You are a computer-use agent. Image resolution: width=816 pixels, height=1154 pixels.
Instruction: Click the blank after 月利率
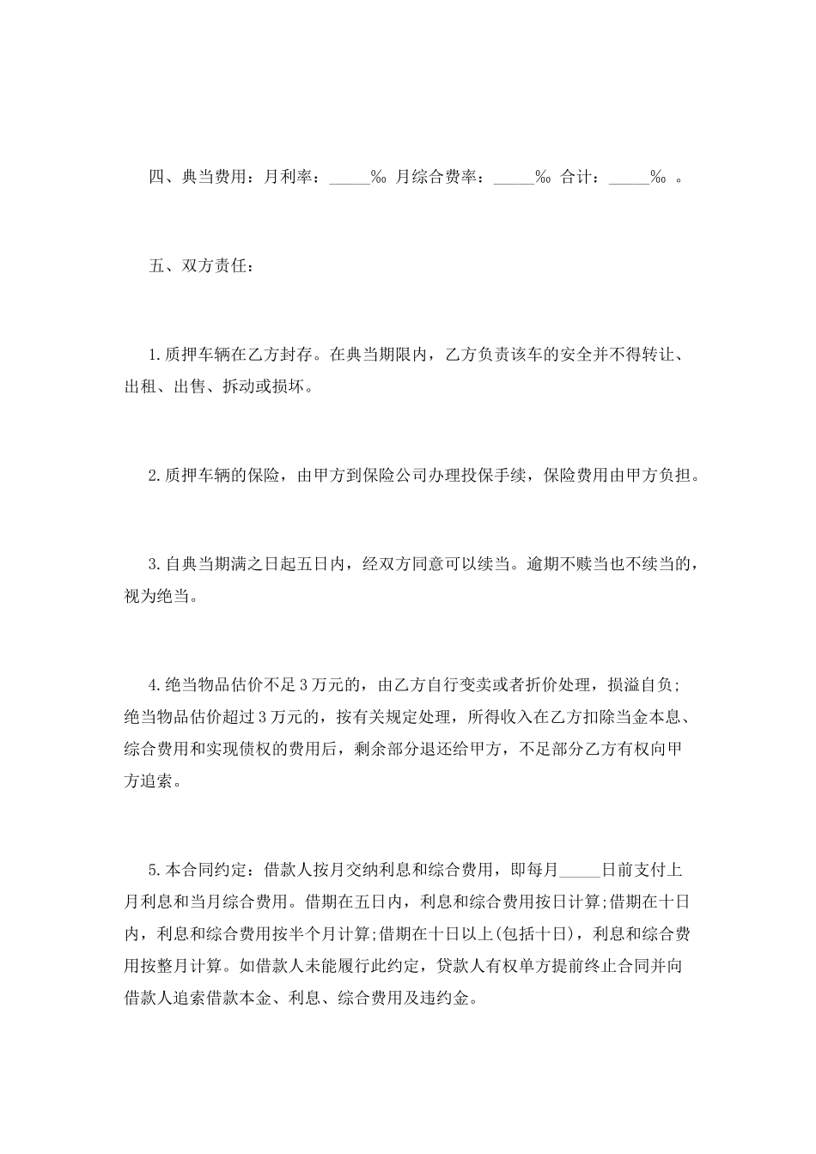pos(349,180)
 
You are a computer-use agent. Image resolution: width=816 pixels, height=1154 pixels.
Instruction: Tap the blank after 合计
pos(629,180)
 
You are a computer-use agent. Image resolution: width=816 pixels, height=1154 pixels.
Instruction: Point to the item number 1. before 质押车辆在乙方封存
pos(155,353)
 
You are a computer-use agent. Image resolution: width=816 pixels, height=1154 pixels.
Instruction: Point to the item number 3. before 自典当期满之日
pos(155,564)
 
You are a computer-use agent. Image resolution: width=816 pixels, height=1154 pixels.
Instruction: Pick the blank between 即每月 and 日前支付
pos(581,870)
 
